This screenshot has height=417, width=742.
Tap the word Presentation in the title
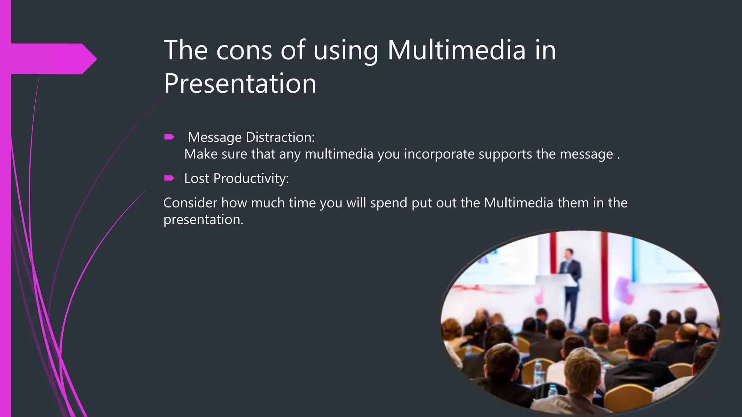(240, 84)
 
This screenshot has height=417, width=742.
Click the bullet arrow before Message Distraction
(169, 137)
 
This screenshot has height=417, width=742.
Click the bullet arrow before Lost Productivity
(169, 178)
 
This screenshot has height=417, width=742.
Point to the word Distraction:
(280, 137)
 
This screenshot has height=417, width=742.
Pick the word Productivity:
(251, 178)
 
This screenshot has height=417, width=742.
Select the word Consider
(190, 203)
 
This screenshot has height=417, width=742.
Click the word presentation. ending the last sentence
(203, 220)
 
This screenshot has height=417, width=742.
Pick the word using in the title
(346, 51)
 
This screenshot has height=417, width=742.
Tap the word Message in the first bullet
(215, 138)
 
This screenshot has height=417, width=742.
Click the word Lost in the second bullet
(196, 178)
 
